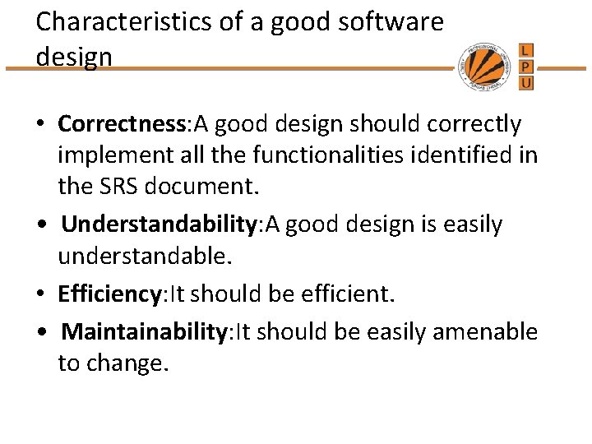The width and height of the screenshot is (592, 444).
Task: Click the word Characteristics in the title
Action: pyautogui.click(x=111, y=21)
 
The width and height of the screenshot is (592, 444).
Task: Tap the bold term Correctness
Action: pyautogui.click(x=123, y=124)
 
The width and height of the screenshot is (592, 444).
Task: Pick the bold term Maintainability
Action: pyautogui.click(x=144, y=331)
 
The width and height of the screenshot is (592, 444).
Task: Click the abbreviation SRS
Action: pyautogui.click(x=115, y=187)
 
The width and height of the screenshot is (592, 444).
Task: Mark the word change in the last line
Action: pyautogui.click(x=132, y=363)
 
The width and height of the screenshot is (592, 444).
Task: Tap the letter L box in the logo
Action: pyautogui.click(x=526, y=49)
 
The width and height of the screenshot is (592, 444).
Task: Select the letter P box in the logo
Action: pyautogui.click(x=526, y=66)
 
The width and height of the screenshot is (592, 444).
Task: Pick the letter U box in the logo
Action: pyautogui.click(x=526, y=82)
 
